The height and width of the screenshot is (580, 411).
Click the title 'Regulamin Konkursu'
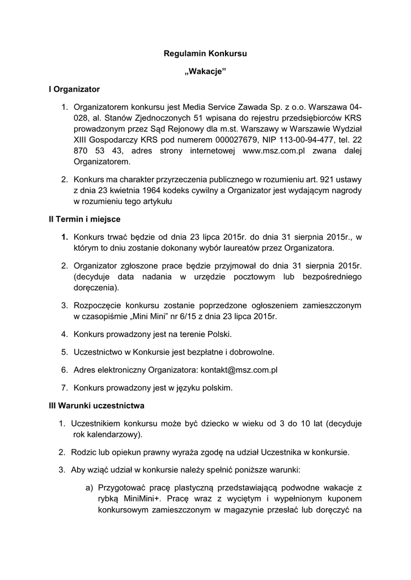coord(205,54)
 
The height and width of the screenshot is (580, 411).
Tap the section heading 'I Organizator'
coord(74,89)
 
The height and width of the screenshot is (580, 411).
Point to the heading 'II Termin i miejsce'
coord(84,219)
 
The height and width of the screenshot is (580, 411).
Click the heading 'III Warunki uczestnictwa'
coord(96,406)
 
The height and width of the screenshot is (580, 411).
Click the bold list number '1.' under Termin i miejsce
coord(65,237)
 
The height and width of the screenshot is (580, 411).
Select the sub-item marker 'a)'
coord(89,487)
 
